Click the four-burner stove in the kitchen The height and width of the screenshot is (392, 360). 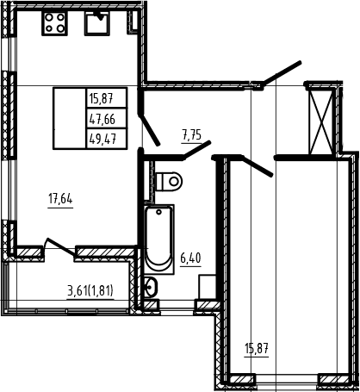pos(54,23)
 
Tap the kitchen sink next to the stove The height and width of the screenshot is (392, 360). pos(97,23)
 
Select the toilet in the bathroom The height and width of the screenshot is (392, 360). pos(169,181)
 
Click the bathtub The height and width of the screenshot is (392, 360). pos(158,239)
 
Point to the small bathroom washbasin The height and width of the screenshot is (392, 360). pos(151,288)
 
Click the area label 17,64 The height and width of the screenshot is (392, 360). pos(60,199)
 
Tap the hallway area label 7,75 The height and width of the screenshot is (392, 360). pos(191,134)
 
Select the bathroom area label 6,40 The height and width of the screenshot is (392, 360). pos(190,258)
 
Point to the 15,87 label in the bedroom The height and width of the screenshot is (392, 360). pos(257,349)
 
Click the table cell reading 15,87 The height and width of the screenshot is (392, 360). pos(107,98)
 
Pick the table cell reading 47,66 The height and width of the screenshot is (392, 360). pos(107,118)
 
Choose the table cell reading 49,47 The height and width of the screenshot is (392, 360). pos(107,139)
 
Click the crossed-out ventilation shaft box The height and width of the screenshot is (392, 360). pos(321,122)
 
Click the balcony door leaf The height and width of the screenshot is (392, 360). pos(60,246)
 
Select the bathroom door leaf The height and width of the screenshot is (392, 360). pos(197,149)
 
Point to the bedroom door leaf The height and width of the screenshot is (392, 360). pos(258,166)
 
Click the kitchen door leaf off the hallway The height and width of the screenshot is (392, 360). pos(148,129)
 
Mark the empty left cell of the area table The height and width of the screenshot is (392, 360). pos(70,118)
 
